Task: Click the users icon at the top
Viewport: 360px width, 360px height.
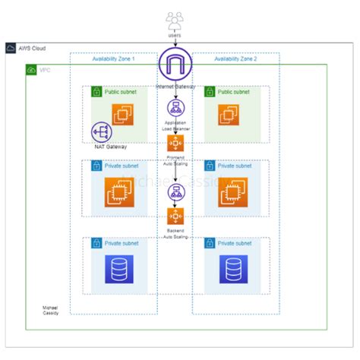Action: click(174, 18)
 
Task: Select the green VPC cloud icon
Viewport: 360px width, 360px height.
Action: click(31, 70)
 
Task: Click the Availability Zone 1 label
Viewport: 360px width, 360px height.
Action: click(113, 59)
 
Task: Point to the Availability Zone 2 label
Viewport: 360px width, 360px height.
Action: click(235, 59)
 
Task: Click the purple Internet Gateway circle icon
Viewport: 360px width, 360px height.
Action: click(175, 65)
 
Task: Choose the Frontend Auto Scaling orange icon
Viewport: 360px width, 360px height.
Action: click(175, 143)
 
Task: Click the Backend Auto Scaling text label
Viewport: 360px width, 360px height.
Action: click(175, 232)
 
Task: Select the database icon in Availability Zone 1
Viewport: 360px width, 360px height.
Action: click(118, 269)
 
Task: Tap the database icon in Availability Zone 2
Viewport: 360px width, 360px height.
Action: click(232, 269)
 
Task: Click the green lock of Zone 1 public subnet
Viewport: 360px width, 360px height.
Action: click(96, 92)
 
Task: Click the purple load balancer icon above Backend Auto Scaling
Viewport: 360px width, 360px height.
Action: click(175, 191)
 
